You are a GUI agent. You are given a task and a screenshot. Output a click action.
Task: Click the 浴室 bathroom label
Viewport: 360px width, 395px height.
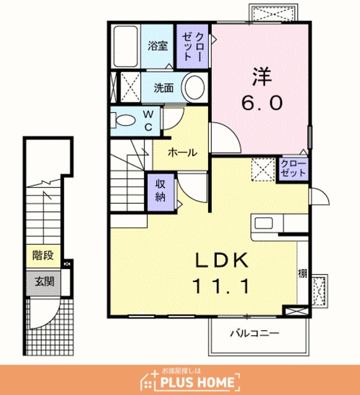(157, 46)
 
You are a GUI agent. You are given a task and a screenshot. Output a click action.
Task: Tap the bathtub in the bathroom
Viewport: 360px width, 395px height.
(125, 46)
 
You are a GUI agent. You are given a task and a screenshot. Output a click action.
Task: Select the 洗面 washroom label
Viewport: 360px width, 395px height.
(164, 88)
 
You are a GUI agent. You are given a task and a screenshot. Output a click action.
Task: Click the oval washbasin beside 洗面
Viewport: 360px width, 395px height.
(195, 87)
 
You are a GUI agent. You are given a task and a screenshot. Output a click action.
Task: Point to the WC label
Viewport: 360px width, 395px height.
(148, 121)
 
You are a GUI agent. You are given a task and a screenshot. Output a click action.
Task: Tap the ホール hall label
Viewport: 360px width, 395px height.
(182, 152)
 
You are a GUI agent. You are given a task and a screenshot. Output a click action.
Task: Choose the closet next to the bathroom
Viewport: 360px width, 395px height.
(193, 46)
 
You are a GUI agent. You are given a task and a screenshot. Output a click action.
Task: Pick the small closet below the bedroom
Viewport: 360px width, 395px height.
(293, 168)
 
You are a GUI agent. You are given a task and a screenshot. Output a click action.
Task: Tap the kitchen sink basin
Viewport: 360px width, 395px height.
(264, 223)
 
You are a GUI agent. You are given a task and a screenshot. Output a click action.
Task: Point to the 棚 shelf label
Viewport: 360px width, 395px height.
(303, 273)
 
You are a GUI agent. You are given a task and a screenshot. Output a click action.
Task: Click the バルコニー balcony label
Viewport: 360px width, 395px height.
(254, 333)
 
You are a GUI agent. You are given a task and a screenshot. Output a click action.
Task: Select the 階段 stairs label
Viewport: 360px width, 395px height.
(43, 256)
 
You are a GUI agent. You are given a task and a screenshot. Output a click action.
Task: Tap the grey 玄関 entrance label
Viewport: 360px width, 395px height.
(44, 281)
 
